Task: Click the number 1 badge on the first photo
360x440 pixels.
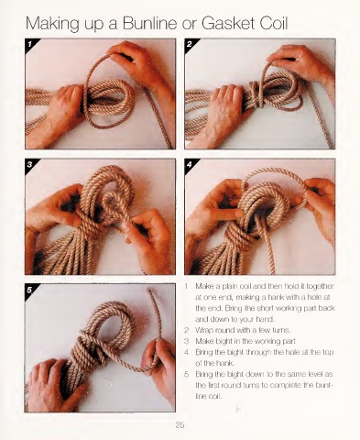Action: click(x=29, y=44)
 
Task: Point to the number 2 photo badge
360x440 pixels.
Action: click(x=190, y=44)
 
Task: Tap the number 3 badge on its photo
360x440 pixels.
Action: click(x=29, y=164)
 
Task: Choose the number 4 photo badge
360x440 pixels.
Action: click(x=190, y=165)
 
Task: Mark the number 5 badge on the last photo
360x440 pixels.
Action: click(x=29, y=289)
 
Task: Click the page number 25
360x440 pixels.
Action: click(x=180, y=424)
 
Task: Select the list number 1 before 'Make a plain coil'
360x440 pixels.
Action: click(x=186, y=286)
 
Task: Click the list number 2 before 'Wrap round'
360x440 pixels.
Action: click(x=186, y=330)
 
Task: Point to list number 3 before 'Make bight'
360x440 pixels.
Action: click(x=186, y=341)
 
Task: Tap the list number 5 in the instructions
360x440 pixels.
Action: click(x=186, y=374)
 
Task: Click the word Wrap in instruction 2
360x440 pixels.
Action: click(x=203, y=331)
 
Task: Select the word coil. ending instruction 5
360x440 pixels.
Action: click(x=214, y=396)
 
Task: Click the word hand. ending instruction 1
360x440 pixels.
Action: click(x=267, y=319)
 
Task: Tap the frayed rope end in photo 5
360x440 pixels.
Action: click(x=150, y=293)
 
